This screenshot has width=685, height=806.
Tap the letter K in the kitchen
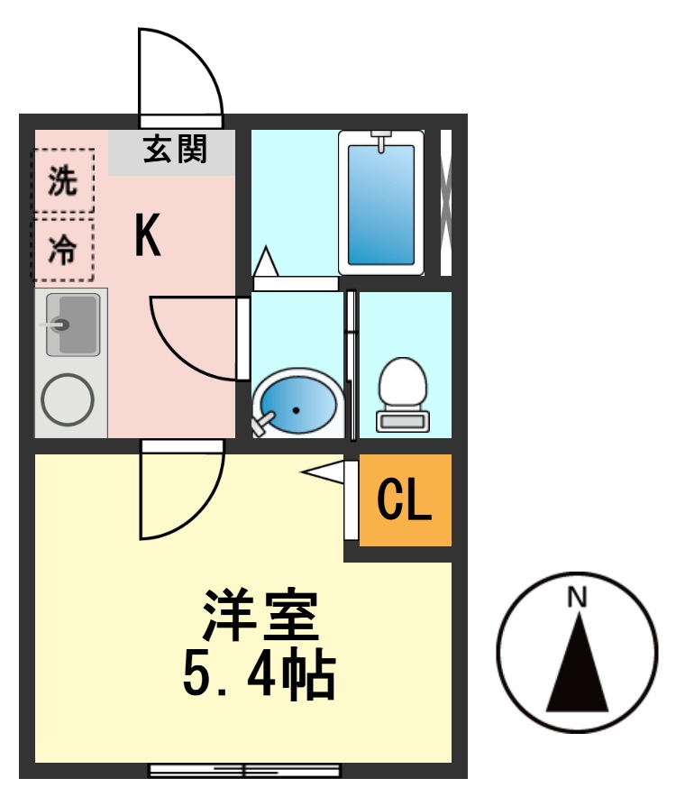pos(148,236)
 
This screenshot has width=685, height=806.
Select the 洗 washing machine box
pos(63,182)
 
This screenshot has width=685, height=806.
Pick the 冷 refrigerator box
pos(63,249)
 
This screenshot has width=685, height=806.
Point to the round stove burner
pos(68,399)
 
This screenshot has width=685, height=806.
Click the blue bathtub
pos(380,204)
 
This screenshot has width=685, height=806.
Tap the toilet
pos(402,393)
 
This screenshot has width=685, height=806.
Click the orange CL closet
pos(405,501)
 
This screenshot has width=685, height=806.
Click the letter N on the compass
pos(577,598)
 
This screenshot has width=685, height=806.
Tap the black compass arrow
pos(577,663)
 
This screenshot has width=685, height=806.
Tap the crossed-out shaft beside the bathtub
pos(445,204)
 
